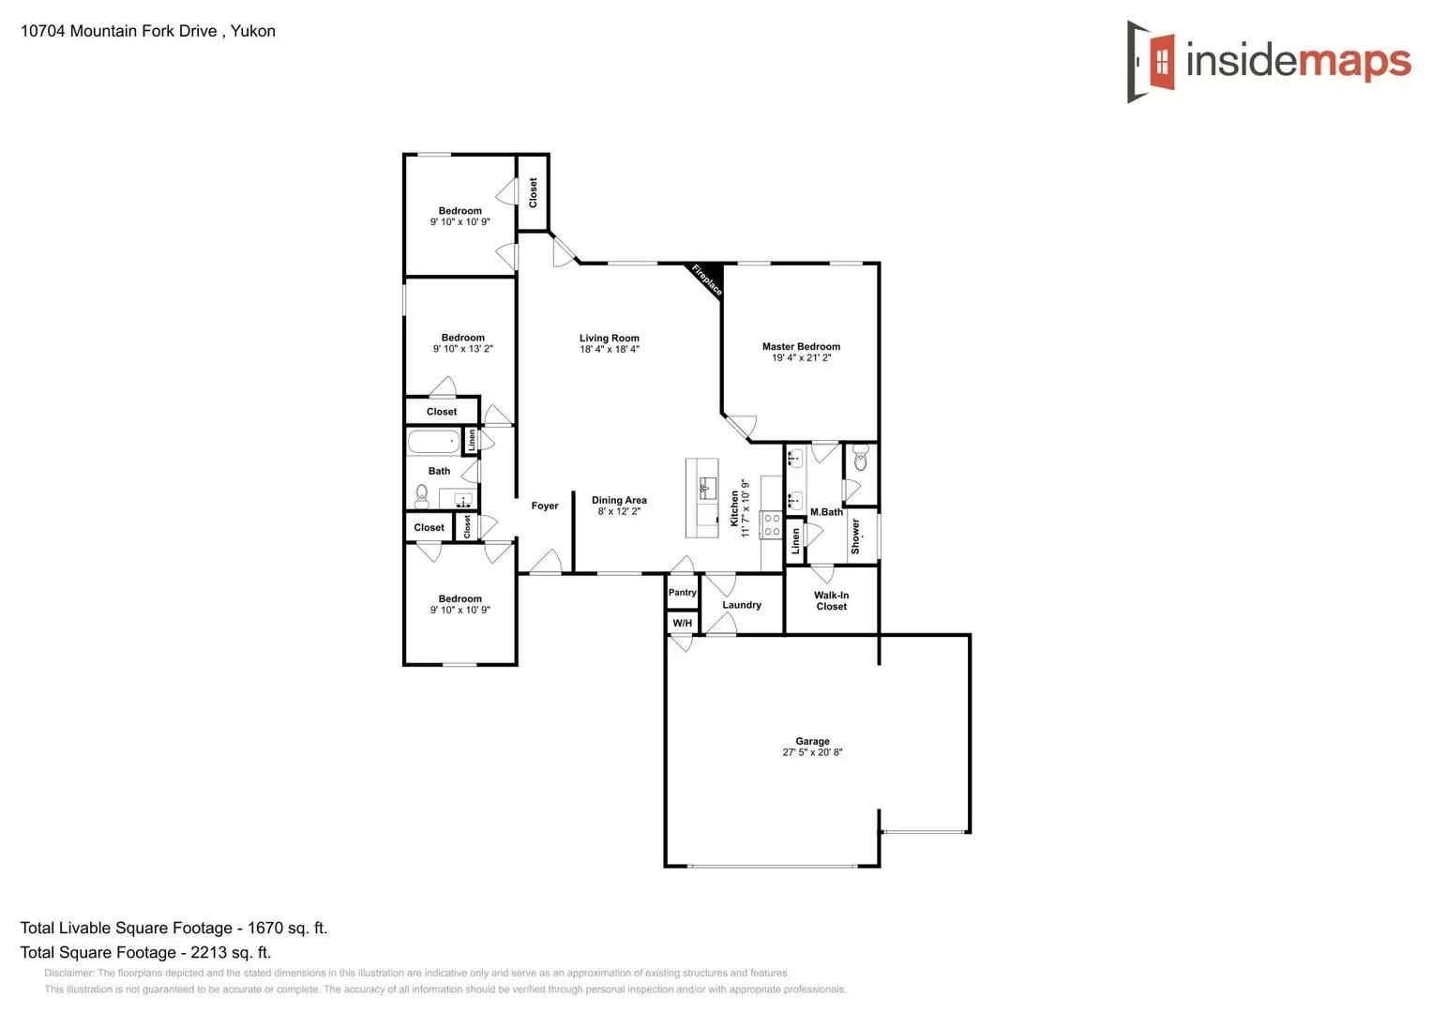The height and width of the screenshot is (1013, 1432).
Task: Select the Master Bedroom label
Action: [801, 346]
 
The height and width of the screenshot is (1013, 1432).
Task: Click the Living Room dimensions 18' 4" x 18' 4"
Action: [610, 350]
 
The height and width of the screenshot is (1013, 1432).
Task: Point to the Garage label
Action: [812, 741]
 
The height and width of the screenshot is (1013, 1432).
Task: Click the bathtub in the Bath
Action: [433, 442]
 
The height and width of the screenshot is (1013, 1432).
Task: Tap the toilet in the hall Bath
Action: [422, 495]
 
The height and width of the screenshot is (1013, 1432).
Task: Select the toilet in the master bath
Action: [861, 461]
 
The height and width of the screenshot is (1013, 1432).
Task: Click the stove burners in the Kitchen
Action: [771, 524]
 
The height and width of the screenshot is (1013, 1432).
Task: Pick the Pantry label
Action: [683, 593]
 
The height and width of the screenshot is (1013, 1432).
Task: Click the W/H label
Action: [683, 623]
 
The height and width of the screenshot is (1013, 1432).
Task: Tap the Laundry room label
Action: [742, 605]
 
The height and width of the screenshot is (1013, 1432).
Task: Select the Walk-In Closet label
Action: [831, 601]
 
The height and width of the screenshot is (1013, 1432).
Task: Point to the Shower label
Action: [855, 537]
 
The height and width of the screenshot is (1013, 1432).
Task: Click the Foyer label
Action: [545, 506]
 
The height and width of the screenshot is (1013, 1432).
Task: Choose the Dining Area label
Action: [619, 500]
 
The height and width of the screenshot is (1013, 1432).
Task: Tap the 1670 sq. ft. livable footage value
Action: [287, 928]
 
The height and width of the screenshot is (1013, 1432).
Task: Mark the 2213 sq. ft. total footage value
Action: [231, 952]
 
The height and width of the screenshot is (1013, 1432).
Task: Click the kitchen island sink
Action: [707, 487]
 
